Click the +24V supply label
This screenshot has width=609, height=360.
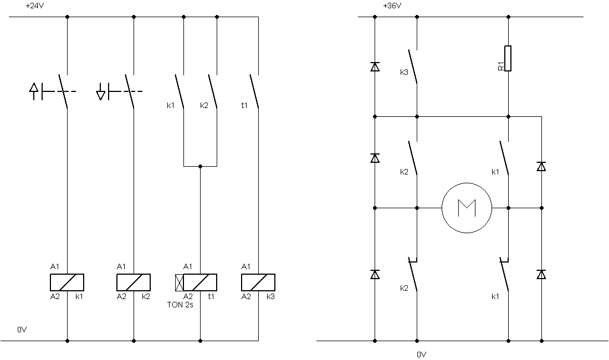[x=35, y=6]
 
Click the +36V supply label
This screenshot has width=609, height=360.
[x=392, y=6]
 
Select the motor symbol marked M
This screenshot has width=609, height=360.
[x=467, y=208]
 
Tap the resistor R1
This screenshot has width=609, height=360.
[x=508, y=58]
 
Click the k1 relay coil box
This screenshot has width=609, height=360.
[x=67, y=282]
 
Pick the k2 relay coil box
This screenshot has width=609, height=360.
[x=134, y=282]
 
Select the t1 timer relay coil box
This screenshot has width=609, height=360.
[x=200, y=282]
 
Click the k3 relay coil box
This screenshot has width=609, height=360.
[x=258, y=282]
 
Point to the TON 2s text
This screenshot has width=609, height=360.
[x=180, y=305]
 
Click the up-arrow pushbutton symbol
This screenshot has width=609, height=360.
[x=34, y=91]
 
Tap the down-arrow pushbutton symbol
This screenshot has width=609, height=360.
[x=101, y=91]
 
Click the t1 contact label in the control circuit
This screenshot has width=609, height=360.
[x=244, y=105]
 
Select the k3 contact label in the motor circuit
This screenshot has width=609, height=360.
[x=405, y=72]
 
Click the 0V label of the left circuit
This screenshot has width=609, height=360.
[x=22, y=330]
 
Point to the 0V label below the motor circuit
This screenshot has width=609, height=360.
[x=421, y=354]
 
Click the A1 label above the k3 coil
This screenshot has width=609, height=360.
[x=246, y=266]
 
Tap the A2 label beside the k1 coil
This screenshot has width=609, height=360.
[x=55, y=297]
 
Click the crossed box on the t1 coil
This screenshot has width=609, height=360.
[x=180, y=282]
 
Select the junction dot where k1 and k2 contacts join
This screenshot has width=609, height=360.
[x=201, y=166]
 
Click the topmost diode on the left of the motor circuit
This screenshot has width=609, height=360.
[x=375, y=67]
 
